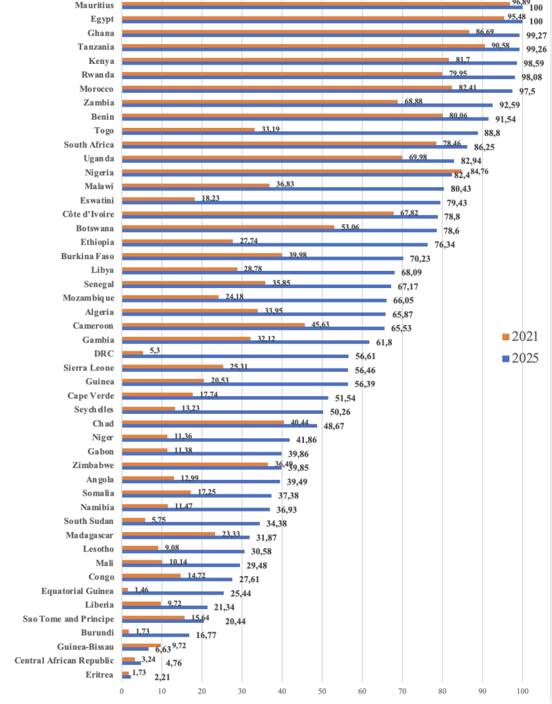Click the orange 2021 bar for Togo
(x=188, y=129)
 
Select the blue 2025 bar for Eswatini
(x=280, y=202)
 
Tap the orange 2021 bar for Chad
(x=202, y=422)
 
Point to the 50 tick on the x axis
(x=322, y=692)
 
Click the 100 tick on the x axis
(x=522, y=692)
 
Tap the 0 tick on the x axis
(x=122, y=692)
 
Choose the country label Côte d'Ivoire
(x=85, y=214)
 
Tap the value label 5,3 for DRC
(x=155, y=350)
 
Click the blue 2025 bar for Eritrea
(x=126, y=676)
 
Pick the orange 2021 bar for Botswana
(x=228, y=226)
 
